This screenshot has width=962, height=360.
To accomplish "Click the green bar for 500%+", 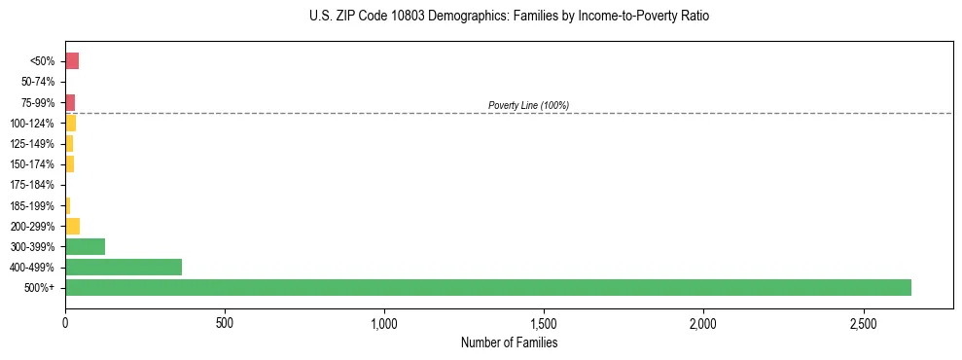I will coord(487,287).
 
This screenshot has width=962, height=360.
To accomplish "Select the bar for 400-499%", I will coord(124,267).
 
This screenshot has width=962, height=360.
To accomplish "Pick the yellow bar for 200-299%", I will coord(72,226).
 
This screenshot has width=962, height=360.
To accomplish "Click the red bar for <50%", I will coord(72,61).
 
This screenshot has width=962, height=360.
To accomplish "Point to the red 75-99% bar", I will coord(70,102).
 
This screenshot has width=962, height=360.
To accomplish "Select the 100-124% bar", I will coord(70,123).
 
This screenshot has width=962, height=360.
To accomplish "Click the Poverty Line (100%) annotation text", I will coord(528,105).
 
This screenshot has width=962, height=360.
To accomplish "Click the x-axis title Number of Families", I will coord(509,342).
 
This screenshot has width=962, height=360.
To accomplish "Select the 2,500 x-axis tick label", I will coord(863,323).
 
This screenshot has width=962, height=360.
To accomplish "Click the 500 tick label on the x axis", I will coord(225,323).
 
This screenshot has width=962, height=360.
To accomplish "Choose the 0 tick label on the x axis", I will coord(65,323).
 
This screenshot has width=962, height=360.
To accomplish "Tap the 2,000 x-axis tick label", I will coord(703,323).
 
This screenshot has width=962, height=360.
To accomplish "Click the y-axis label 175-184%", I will coord(32,185).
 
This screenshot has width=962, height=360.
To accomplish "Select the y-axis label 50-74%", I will coord(35,82).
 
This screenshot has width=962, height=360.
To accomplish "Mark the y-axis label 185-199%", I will coord(32,205).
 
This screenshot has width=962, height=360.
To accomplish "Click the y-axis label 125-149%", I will coord(32,144).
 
